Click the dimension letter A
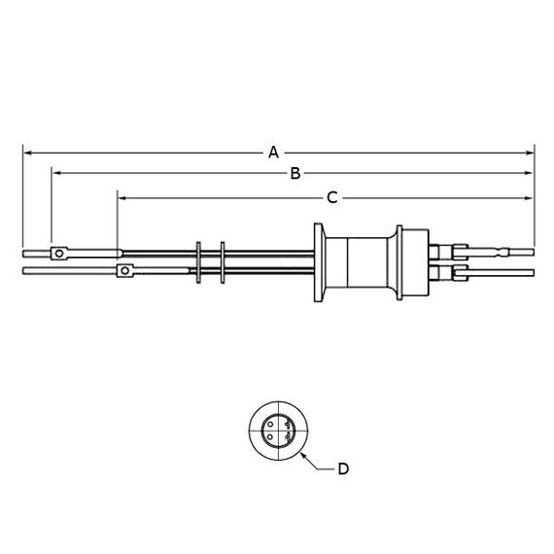click(273, 153)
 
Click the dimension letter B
click(295, 173)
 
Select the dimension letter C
click(332, 198)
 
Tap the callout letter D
click(343, 468)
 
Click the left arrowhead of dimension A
click(27, 153)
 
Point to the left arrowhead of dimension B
click(56, 173)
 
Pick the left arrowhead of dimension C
click(121, 198)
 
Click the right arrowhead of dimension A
click(530, 153)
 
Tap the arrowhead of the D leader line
click(303, 456)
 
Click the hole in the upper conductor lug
click(59, 254)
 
